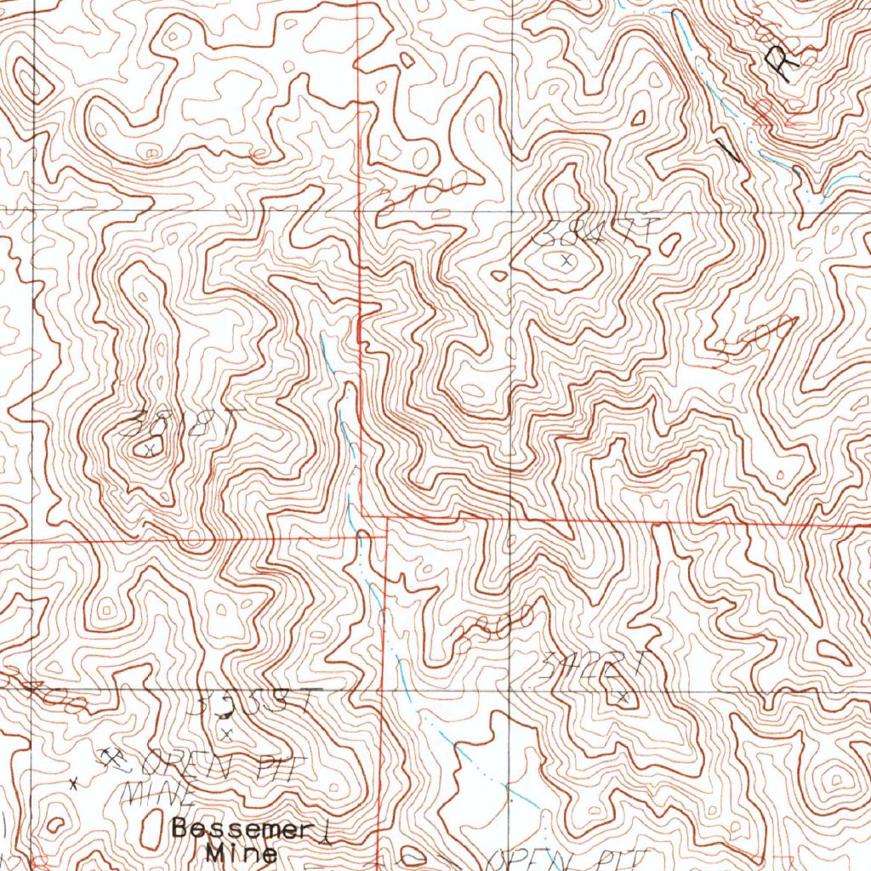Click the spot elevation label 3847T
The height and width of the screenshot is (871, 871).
click(600, 232)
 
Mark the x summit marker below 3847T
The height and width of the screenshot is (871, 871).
click(566, 260)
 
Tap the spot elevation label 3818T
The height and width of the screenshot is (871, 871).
click(182, 422)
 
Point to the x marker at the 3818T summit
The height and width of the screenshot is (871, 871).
click(150, 447)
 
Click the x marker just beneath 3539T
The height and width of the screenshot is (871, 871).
click(226, 731)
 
